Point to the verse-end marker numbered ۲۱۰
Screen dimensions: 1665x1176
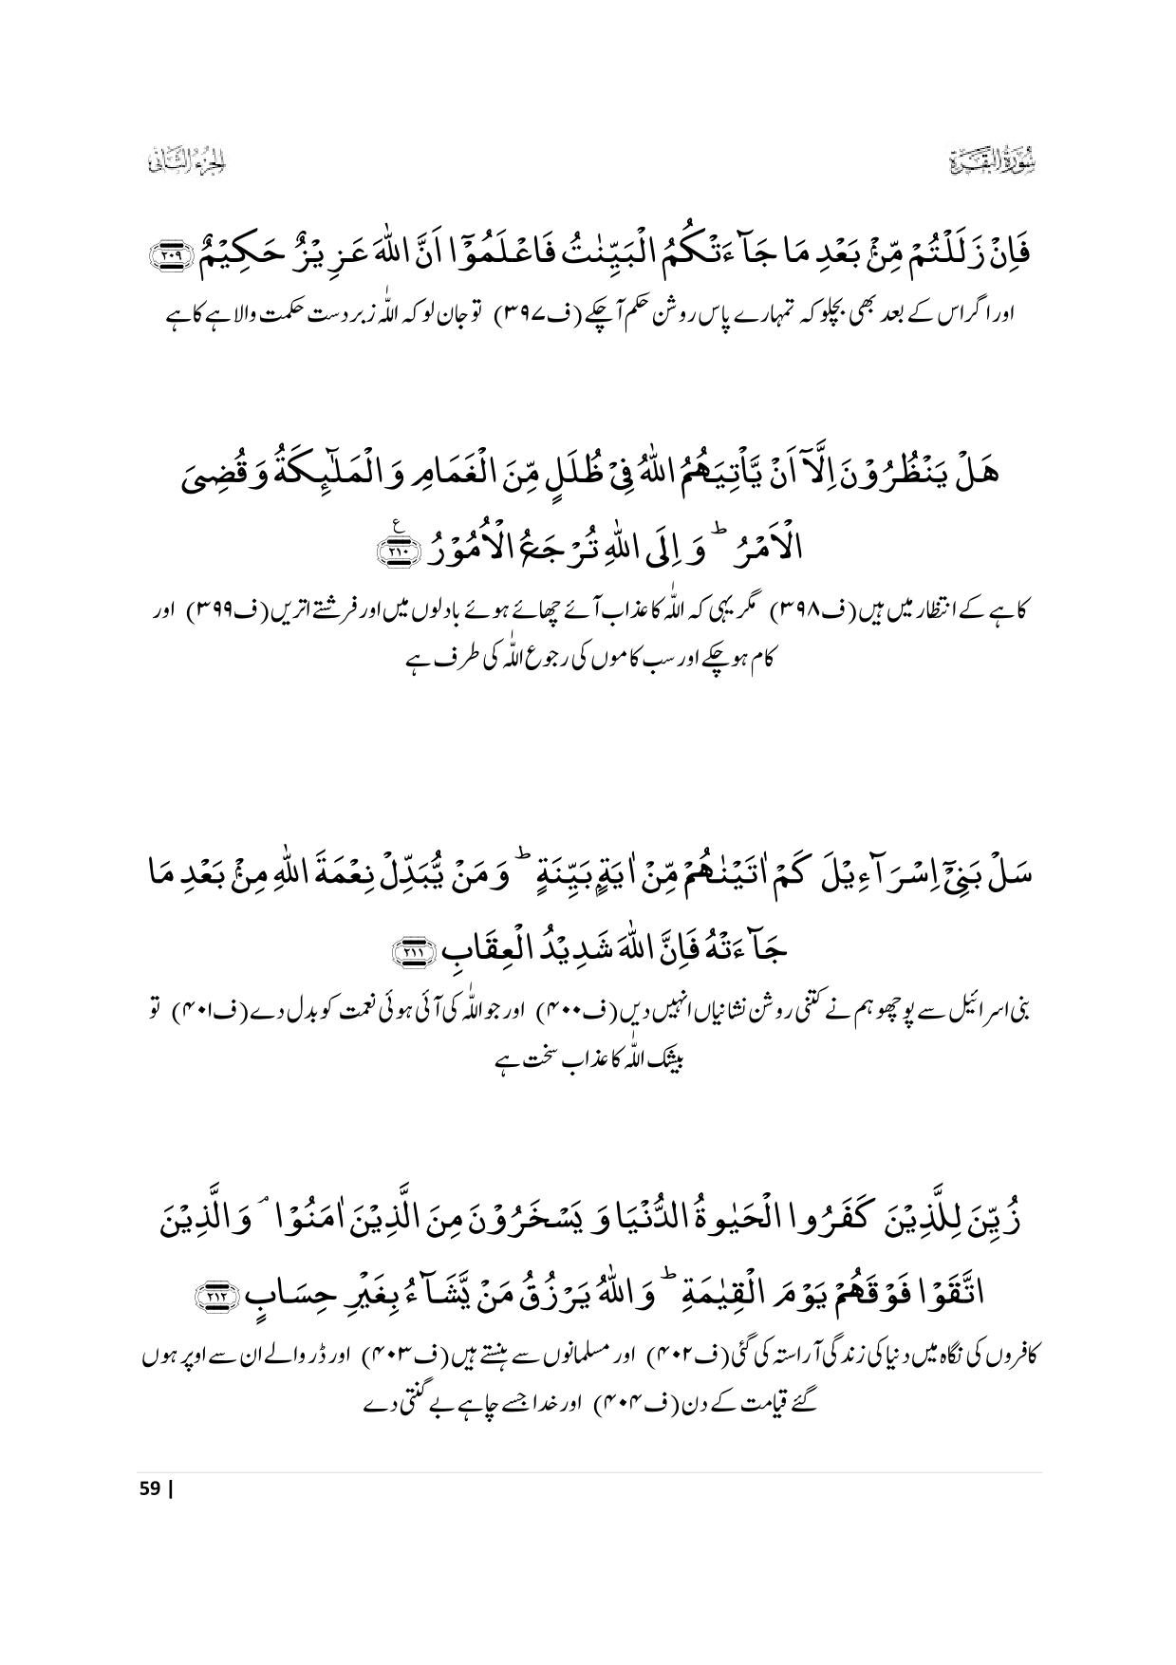393,551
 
